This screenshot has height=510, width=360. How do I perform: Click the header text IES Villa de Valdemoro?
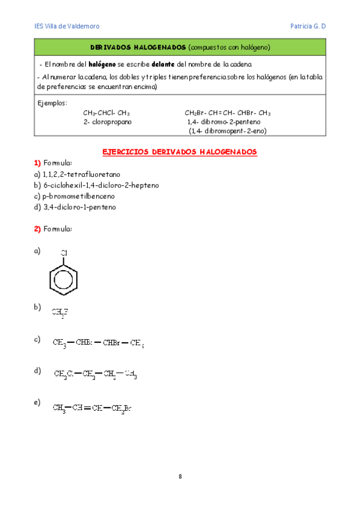point(67,26)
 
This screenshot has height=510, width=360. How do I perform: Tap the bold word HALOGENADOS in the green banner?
point(159,47)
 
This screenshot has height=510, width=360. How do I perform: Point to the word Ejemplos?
point(52,103)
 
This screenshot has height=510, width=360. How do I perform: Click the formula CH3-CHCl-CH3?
point(106,112)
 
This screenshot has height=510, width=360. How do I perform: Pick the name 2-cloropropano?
point(108,121)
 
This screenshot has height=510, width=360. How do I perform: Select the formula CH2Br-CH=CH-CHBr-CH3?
point(228,112)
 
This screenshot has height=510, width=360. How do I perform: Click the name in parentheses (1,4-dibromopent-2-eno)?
point(228,131)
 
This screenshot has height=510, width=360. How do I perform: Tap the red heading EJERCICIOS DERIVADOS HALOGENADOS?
point(180,152)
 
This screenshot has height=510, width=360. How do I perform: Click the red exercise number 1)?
point(37,164)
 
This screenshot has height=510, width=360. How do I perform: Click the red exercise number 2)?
point(37,229)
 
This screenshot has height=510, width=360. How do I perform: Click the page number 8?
point(180,477)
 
